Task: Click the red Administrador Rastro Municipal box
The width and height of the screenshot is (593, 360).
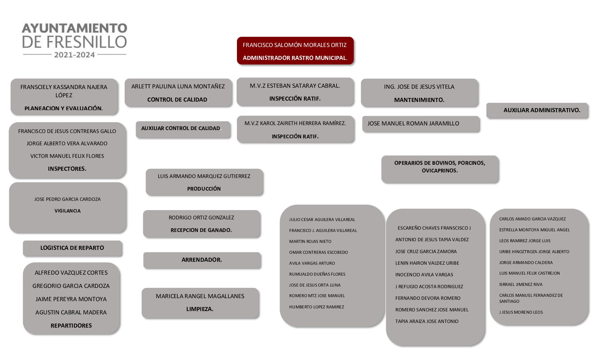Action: [x=295, y=51]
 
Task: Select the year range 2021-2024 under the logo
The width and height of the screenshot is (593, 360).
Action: [x=74, y=55]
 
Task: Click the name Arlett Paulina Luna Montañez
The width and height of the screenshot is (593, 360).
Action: [x=178, y=86]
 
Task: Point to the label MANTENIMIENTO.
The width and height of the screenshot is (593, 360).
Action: [x=419, y=100]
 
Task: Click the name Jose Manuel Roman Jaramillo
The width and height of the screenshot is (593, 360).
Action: [x=413, y=123]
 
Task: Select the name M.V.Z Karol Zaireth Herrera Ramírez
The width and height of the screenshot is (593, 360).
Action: [x=295, y=123]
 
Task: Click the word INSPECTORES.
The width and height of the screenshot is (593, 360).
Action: [x=67, y=169]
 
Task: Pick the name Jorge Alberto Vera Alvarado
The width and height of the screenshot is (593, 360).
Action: [x=67, y=144]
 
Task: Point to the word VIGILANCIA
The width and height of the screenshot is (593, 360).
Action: [x=68, y=211]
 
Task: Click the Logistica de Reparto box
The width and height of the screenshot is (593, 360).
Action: [x=72, y=248]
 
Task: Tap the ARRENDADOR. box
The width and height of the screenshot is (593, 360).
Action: [x=202, y=260]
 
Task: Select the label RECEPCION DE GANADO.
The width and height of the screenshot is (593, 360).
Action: [x=201, y=230]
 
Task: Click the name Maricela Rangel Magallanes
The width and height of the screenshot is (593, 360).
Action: [x=200, y=296]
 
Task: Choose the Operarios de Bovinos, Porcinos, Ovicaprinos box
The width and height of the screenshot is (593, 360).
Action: [x=439, y=167]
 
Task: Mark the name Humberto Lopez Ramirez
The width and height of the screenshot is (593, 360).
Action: [x=316, y=307]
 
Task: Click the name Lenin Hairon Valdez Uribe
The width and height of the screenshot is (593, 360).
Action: [x=427, y=263]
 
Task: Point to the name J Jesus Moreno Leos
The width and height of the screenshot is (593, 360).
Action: [x=521, y=312]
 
